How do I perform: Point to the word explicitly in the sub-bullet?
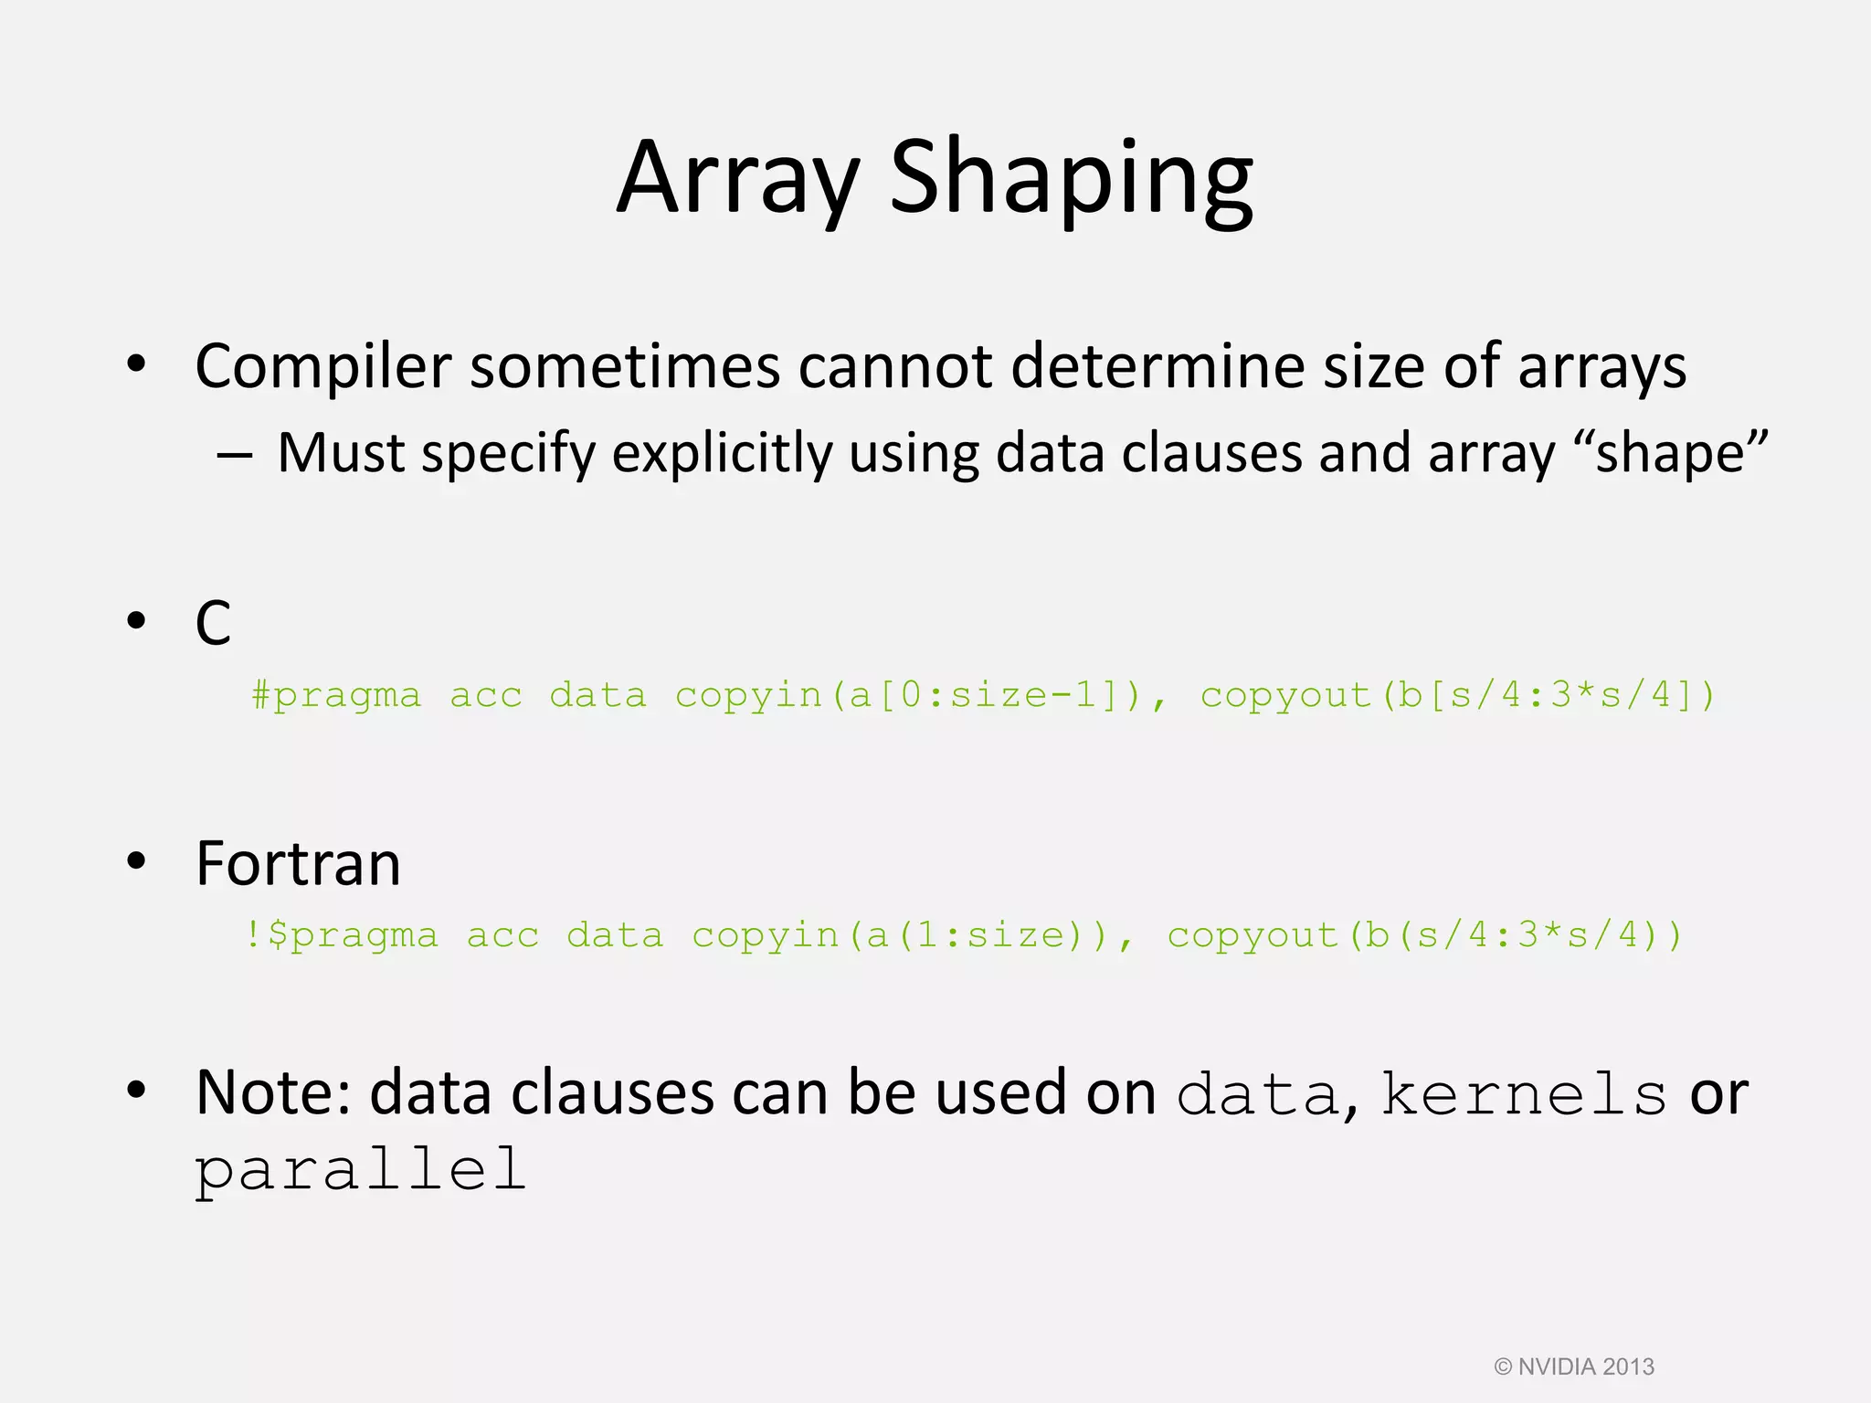tap(722, 454)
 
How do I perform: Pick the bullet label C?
tap(213, 624)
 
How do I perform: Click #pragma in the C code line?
tap(336, 696)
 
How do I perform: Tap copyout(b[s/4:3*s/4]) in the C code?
tap(1457, 696)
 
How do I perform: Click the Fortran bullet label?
tap(298, 864)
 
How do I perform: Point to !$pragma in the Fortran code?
tap(341, 935)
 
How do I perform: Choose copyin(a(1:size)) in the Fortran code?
tap(911, 935)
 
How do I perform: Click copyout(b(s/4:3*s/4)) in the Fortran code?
tap(1424, 935)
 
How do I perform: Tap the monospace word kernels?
tap(1523, 1093)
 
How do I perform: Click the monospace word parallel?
tap(361, 1170)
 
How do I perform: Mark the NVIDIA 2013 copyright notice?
tap(1574, 1366)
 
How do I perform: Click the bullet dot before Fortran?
tap(137, 860)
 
